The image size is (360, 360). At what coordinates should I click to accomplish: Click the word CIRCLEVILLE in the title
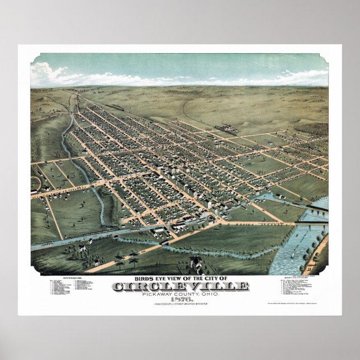pyautogui.click(x=181, y=287)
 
